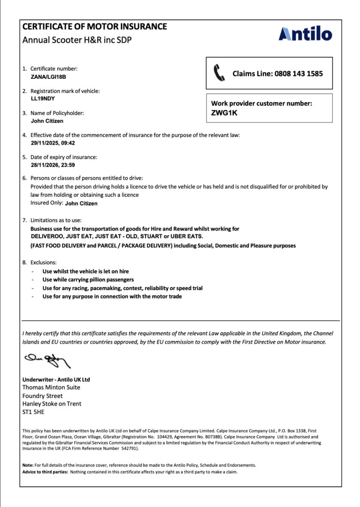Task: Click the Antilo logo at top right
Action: (305, 34)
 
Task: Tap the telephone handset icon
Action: (219, 73)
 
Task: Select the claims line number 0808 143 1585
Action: (299, 74)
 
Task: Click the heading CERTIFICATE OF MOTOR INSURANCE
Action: (94, 27)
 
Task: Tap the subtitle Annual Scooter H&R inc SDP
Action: (77, 40)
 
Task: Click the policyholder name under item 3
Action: (47, 121)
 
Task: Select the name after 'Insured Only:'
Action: (81, 204)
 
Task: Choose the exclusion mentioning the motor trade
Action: (112, 297)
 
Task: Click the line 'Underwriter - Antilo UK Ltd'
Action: (56, 379)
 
